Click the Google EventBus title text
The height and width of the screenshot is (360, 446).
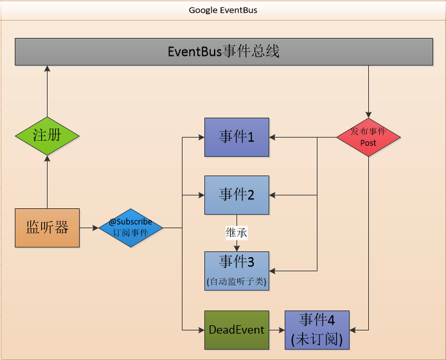pyautogui.click(x=223, y=10)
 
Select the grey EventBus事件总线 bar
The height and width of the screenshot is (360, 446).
pyautogui.click(x=223, y=52)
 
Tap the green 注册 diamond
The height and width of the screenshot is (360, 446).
pyautogui.click(x=47, y=136)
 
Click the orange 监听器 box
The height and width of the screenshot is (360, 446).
pyautogui.click(x=47, y=228)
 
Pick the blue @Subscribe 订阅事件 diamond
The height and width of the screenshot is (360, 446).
pyautogui.click(x=130, y=228)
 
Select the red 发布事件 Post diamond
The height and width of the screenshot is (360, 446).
pyautogui.click(x=368, y=136)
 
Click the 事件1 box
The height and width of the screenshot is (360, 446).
pyautogui.click(x=236, y=137)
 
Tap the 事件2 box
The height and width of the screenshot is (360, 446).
pyautogui.click(x=236, y=195)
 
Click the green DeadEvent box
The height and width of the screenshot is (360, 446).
pyautogui.click(x=236, y=330)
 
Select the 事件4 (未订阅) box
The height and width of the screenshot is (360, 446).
pyautogui.click(x=317, y=330)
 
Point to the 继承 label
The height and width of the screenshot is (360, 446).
pyautogui.click(x=236, y=233)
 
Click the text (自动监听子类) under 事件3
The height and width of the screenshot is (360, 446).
pyautogui.click(x=236, y=281)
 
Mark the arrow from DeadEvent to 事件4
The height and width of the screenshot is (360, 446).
pyautogui.click(x=276, y=330)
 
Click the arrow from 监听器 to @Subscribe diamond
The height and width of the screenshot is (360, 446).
pyautogui.click(x=89, y=228)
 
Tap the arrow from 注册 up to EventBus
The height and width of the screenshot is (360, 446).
pyautogui.click(x=47, y=90)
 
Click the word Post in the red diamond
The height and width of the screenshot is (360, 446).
pyautogui.click(x=368, y=143)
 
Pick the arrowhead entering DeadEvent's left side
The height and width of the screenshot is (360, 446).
pyautogui.click(x=201, y=330)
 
